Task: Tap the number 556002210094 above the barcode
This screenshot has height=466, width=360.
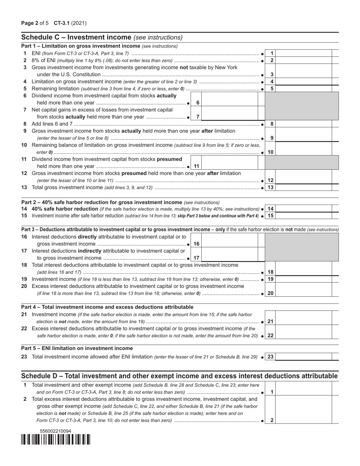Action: [x=55, y=431]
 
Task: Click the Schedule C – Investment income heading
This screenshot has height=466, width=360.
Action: [x=102, y=37]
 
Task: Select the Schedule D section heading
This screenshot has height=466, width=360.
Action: [x=179, y=376]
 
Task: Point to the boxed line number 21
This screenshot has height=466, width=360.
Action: [x=270, y=322]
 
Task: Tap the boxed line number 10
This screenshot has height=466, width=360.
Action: [x=270, y=152]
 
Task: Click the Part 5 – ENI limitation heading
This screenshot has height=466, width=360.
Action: [x=77, y=348]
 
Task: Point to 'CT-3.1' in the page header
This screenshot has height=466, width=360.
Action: [x=62, y=23]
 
